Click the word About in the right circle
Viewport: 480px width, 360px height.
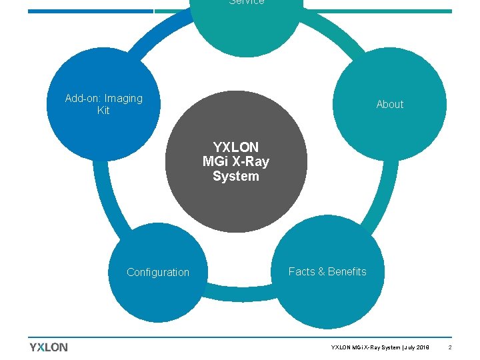click(x=389, y=104)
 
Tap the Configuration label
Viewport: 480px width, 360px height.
click(x=158, y=272)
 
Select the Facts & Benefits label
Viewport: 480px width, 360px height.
click(x=327, y=271)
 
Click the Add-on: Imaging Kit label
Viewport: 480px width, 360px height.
click(x=103, y=104)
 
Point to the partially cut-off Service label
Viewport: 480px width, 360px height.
click(x=246, y=3)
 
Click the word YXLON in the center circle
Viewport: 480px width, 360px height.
click(x=236, y=147)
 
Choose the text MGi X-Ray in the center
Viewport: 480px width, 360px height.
click(x=236, y=161)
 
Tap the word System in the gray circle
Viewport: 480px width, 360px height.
click(x=236, y=176)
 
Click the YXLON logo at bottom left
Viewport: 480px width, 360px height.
click(x=49, y=347)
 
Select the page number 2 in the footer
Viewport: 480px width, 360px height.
click(x=450, y=348)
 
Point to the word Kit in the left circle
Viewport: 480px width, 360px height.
click(x=103, y=111)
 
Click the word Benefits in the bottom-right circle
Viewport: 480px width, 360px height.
click(x=347, y=271)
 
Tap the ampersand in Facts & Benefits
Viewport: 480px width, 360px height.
click(x=321, y=271)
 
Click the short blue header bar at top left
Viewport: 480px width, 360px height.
click(x=91, y=11)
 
